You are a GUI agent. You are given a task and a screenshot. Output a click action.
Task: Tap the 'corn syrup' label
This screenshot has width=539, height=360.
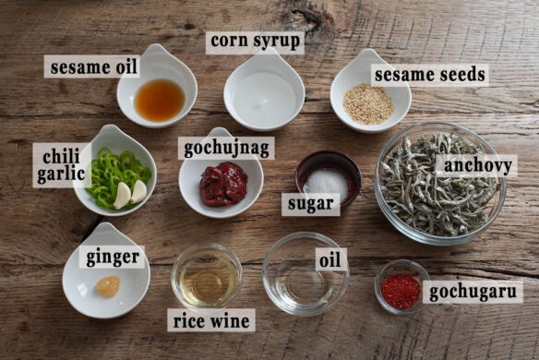pos(254,42)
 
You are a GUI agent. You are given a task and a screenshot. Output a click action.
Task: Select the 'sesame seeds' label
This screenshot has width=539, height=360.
pos(429,75)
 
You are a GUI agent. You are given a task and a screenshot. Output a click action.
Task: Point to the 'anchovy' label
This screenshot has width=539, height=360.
pos(474,166)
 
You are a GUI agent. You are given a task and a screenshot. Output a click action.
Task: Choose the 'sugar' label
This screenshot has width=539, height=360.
pos(310,204)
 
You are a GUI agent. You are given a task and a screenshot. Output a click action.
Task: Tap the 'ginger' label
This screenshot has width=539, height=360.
pos(113,257)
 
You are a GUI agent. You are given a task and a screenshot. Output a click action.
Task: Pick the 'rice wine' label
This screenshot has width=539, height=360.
pos(210,320)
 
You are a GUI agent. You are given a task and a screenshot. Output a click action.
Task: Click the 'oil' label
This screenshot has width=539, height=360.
pos(330,259)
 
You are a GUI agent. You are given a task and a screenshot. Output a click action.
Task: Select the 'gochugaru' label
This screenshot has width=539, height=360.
pos(473,292)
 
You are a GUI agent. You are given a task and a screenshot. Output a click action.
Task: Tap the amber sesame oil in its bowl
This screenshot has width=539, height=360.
pos(159,99)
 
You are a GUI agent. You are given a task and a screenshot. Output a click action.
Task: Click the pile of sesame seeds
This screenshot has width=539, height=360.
pos(368,102)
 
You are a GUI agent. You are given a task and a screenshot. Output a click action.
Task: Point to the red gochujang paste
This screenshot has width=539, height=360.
pos(223,184)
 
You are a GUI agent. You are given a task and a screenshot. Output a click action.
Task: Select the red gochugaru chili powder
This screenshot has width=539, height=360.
pos(401,290)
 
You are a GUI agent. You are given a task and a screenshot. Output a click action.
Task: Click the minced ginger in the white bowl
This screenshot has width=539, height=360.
pos(109,286)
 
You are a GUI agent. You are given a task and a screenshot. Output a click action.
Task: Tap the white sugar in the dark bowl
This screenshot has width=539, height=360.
pos(327,182)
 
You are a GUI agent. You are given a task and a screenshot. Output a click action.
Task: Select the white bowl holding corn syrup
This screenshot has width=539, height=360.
pos(264,92)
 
